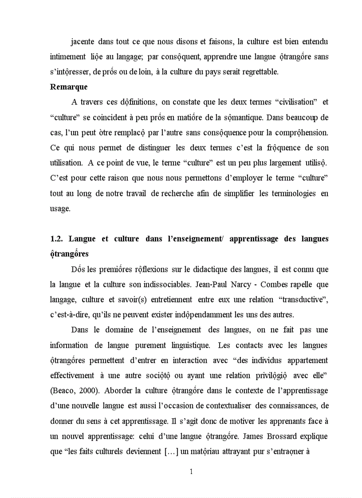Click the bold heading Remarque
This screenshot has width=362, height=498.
(x=68, y=87)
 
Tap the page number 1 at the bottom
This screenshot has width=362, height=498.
(x=191, y=471)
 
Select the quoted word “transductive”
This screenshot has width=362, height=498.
(x=303, y=300)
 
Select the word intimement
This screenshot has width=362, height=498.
(x=68, y=57)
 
